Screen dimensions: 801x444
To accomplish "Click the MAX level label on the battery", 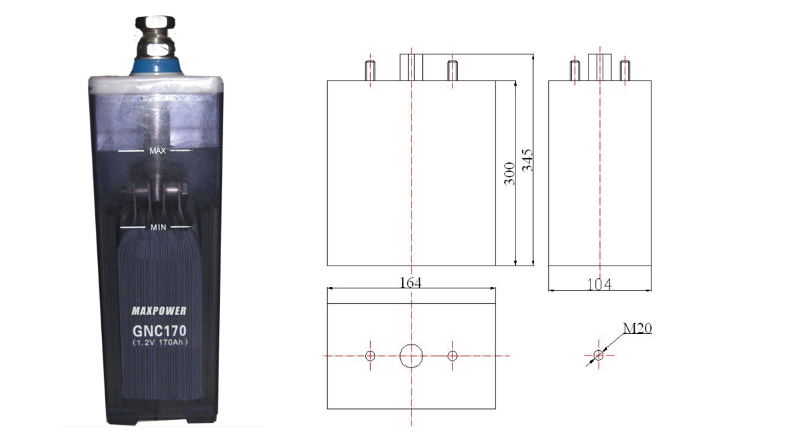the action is point(158,151).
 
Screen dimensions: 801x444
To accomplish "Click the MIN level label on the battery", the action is point(158,227).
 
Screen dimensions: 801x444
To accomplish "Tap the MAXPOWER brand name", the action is point(159,311).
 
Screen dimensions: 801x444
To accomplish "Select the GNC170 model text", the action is point(160,331).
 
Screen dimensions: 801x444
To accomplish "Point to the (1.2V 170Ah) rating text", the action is point(160,342).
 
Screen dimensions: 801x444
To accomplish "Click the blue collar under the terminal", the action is point(156,66).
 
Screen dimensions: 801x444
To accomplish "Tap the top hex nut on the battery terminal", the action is point(156,23).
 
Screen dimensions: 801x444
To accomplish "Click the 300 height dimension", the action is point(509,173).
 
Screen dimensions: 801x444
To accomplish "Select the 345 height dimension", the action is point(528,160).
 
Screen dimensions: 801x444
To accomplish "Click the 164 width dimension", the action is point(410,282).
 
